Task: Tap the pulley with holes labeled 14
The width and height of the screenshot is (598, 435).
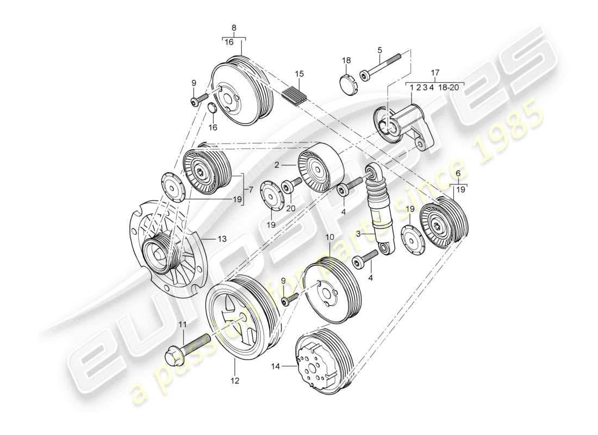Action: point(323,362)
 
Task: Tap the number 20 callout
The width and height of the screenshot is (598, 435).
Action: point(290,207)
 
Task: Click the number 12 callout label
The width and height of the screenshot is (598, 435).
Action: point(234,381)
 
